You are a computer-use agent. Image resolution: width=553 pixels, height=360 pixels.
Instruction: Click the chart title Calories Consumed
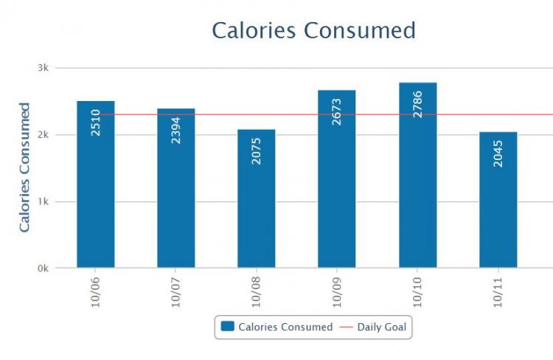click(313, 31)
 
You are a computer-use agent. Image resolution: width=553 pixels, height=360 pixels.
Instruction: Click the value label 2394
click(176, 130)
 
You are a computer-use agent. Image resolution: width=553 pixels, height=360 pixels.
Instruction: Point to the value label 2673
click(337, 111)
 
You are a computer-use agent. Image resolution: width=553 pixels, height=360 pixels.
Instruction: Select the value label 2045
click(498, 153)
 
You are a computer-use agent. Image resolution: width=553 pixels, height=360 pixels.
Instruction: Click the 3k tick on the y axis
click(44, 68)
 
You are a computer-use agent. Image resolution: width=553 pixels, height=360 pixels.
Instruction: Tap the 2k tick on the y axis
click(44, 135)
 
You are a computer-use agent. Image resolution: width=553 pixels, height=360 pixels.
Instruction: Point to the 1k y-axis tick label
click(44, 201)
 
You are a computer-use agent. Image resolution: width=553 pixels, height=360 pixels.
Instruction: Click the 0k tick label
click(44, 269)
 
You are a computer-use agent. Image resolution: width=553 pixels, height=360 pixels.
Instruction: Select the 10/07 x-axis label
click(176, 293)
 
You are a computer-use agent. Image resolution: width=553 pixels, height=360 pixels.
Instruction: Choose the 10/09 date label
click(337, 293)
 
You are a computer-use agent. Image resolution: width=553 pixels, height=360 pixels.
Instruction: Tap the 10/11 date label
click(498, 293)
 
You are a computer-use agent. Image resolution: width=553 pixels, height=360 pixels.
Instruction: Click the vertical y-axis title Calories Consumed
click(24, 168)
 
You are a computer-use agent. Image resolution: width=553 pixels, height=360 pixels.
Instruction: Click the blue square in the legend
click(228, 326)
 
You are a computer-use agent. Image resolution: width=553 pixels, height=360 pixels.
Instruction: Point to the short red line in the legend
click(345, 327)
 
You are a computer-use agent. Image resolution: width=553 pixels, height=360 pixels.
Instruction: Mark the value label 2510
click(96, 122)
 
